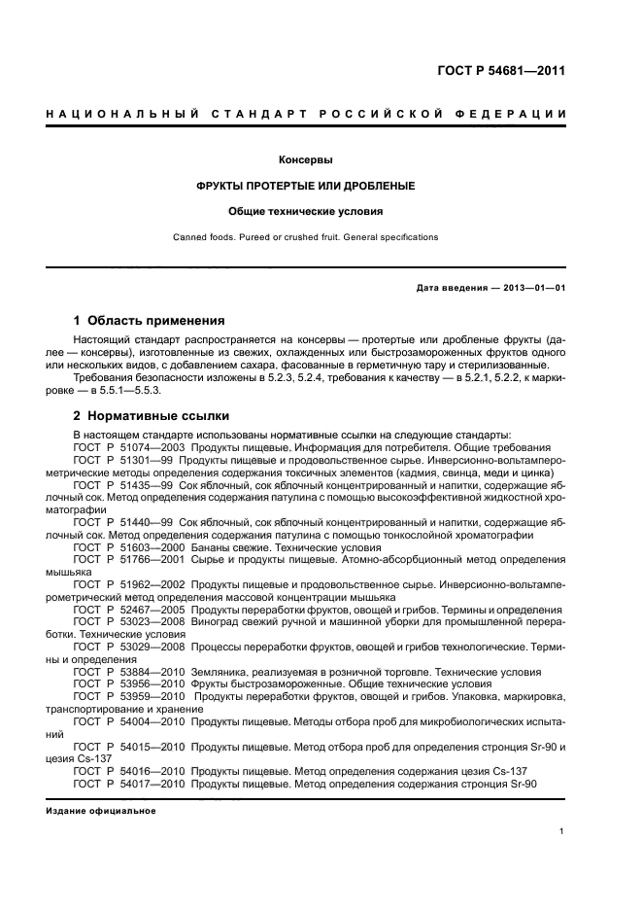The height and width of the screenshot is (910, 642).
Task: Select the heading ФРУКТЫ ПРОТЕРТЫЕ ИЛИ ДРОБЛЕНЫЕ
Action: tap(306, 185)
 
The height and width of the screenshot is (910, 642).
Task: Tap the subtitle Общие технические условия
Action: tap(306, 211)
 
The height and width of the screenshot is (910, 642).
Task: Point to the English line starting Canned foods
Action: tap(306, 236)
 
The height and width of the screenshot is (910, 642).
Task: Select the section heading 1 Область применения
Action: tap(150, 320)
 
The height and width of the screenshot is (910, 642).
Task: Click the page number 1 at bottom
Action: tap(562, 831)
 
